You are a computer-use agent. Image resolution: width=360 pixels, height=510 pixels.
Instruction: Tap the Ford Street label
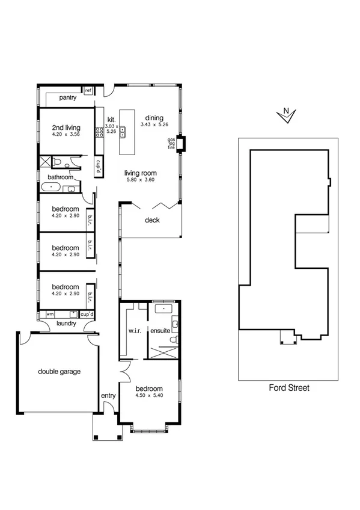(x=288, y=388)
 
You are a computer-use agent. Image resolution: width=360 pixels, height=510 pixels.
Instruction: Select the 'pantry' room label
(x=67, y=98)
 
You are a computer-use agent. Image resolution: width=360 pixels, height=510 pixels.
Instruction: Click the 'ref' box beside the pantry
(x=88, y=91)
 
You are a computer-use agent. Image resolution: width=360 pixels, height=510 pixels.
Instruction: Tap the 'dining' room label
(x=154, y=117)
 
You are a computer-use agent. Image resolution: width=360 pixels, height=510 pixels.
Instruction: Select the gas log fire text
(x=171, y=144)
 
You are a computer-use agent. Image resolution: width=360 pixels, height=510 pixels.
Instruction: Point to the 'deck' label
(x=152, y=220)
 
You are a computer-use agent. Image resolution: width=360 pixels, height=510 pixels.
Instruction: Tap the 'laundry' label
(x=66, y=324)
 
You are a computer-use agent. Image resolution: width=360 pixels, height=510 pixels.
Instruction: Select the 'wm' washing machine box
(x=50, y=314)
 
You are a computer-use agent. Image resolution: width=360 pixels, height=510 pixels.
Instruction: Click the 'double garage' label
(x=59, y=371)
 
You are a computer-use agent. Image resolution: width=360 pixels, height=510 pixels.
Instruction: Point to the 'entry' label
(x=108, y=395)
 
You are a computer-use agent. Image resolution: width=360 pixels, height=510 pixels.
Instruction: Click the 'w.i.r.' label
(x=134, y=330)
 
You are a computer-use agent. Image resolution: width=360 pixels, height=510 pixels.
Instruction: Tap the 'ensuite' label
(x=160, y=330)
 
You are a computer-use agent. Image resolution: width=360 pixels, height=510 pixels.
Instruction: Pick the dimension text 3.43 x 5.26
(x=154, y=124)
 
